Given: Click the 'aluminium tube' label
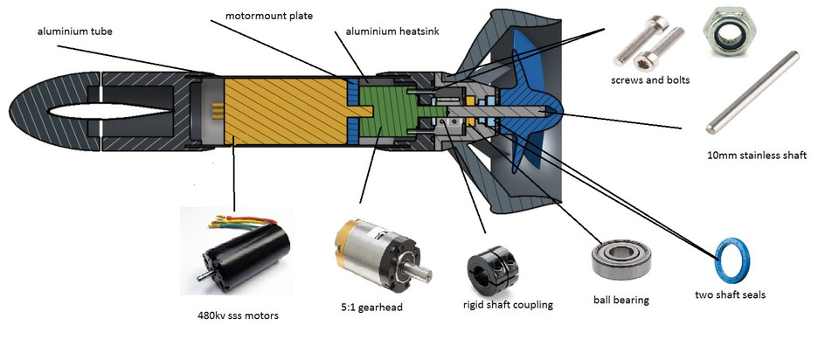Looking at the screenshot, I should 75,31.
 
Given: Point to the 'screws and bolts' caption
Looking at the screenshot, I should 650,80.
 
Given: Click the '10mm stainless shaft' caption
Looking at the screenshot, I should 756,156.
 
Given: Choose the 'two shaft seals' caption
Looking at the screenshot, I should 730,294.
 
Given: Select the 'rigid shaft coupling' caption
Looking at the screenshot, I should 508,304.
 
